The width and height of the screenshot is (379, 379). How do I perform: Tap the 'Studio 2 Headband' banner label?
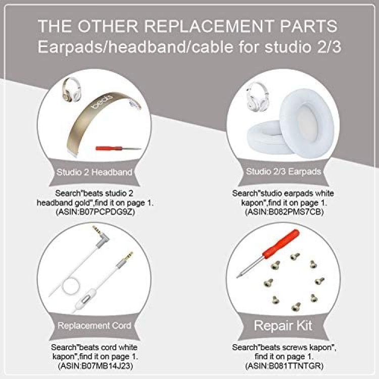click(94, 172)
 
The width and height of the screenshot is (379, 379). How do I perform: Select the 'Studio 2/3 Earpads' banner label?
click(283, 172)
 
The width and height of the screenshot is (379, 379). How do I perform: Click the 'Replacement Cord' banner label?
click(94, 325)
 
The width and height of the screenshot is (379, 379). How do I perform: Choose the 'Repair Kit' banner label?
click(283, 325)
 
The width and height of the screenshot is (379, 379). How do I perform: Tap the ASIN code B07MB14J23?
click(107, 366)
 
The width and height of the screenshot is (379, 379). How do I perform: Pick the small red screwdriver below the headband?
click(118, 148)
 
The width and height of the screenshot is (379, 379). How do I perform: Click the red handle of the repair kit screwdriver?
click(281, 244)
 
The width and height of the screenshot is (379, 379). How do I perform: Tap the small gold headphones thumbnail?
click(71, 89)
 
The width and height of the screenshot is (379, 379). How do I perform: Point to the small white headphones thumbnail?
click(256, 97)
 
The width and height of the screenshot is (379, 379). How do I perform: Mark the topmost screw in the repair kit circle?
click(295, 256)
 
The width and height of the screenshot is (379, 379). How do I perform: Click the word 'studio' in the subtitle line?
click(288, 46)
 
